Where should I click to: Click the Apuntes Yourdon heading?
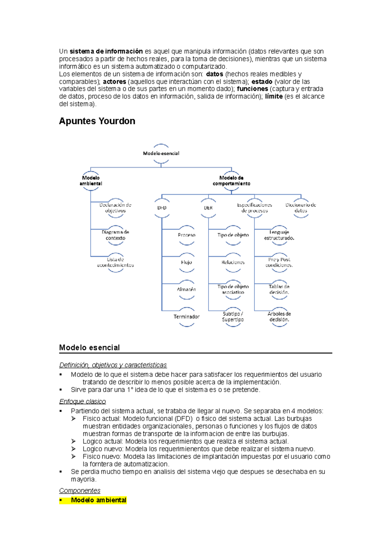97,121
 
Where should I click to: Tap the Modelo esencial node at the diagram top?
161,153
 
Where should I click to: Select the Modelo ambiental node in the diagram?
91,181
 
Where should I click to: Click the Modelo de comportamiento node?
231,181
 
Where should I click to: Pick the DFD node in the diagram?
162,208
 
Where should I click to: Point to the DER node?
208,208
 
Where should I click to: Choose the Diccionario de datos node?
301,208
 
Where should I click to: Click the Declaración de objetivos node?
115,208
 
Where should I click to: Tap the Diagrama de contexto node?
115,235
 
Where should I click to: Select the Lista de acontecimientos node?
115,262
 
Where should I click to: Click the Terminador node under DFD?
186,317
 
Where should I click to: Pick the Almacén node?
186,289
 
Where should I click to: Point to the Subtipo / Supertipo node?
233,317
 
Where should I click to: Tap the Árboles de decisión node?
279,317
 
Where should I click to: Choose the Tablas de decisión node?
279,289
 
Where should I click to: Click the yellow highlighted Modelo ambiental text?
98,500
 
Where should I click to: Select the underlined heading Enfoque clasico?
82,401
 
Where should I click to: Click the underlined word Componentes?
80,491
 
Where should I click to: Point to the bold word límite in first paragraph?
274,97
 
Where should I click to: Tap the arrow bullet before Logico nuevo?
74,449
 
